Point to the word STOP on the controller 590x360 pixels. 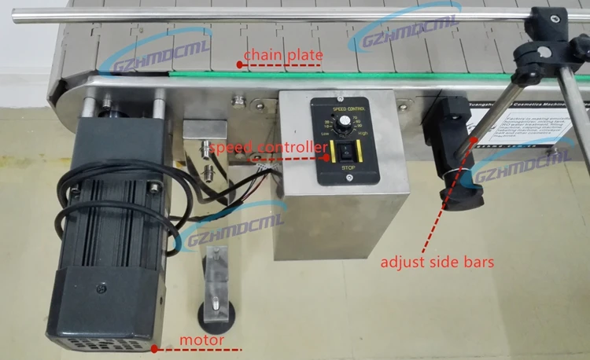point(344,167)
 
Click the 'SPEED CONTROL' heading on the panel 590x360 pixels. point(344,105)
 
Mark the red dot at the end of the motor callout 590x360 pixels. point(154,348)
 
